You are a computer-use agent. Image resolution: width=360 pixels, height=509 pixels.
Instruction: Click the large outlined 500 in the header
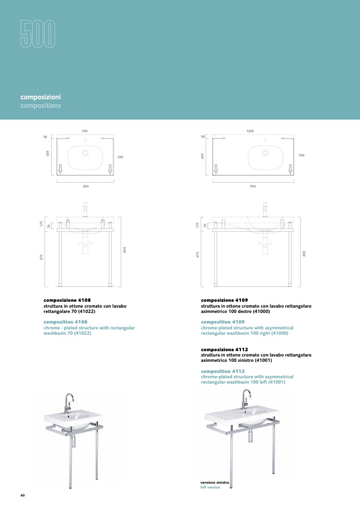(x=38, y=34)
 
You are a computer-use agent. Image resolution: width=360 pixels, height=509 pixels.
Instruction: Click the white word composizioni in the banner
(x=40, y=97)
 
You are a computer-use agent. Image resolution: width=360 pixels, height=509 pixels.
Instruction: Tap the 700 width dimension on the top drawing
(x=85, y=131)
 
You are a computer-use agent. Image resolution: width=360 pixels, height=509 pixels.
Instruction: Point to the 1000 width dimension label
(x=250, y=131)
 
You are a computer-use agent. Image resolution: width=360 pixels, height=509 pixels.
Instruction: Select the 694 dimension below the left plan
(x=86, y=186)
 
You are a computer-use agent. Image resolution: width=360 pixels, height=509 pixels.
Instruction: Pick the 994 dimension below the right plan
(x=253, y=186)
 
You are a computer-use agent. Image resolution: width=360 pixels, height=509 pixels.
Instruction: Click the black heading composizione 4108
(x=67, y=300)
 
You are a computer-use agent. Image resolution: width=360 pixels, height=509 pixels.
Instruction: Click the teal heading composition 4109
(x=223, y=322)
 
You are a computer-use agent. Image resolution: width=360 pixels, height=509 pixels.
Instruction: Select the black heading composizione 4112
(x=224, y=350)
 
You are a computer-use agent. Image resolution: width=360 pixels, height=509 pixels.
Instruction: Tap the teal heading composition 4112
(x=223, y=371)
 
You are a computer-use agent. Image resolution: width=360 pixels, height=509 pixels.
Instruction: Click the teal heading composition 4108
(x=65, y=322)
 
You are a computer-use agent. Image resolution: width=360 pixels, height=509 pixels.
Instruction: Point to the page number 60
(x=22, y=495)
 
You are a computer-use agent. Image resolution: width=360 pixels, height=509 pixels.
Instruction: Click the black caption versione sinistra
(x=214, y=483)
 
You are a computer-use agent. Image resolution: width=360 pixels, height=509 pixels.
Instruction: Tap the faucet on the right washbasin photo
(x=246, y=399)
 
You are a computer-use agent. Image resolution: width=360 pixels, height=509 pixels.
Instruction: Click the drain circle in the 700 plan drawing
(x=85, y=153)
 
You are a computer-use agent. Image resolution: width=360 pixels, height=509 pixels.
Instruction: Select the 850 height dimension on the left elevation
(x=124, y=250)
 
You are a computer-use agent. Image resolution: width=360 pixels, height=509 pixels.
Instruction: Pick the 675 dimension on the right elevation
(x=197, y=255)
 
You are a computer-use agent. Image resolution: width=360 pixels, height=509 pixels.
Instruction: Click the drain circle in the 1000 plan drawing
(x=265, y=153)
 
